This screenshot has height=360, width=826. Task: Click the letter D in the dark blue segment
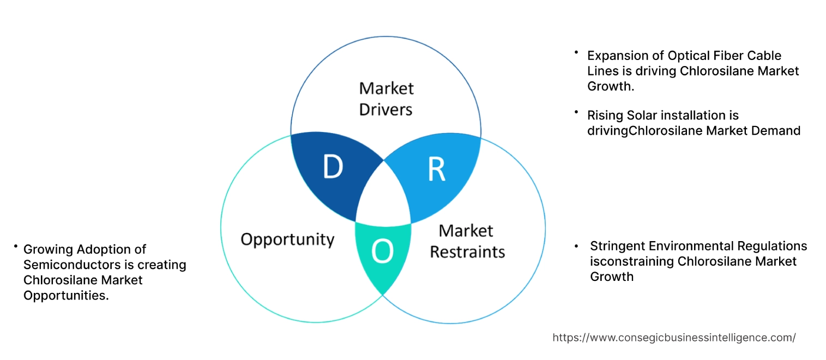click(x=333, y=167)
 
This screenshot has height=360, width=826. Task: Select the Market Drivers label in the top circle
click(x=386, y=99)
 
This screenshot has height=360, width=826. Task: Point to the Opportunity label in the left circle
click(x=287, y=239)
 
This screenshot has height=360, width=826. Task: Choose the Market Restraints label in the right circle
click(x=467, y=241)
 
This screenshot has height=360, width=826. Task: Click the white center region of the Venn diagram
click(x=383, y=196)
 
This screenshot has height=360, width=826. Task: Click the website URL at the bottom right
click(x=674, y=338)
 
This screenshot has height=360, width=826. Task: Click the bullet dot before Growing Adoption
click(x=16, y=247)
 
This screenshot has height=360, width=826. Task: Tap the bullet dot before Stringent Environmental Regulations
click(x=577, y=247)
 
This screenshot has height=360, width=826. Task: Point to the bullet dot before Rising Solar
click(x=576, y=112)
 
